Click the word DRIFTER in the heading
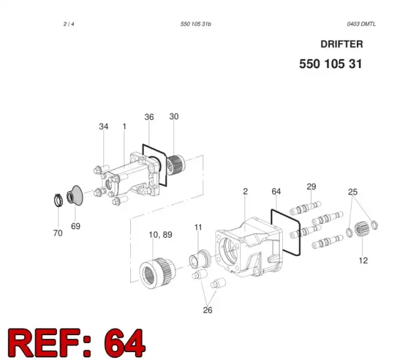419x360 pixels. click(342, 44)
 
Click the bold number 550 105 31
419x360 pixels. click(331, 64)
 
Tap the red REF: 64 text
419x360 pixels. click(77, 342)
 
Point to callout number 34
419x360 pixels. click(103, 126)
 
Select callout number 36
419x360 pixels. click(149, 117)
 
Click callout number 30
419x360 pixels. click(174, 117)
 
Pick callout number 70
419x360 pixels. click(58, 233)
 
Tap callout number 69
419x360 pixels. click(76, 226)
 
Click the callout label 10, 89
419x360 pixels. click(160, 235)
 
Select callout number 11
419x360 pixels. click(198, 227)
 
